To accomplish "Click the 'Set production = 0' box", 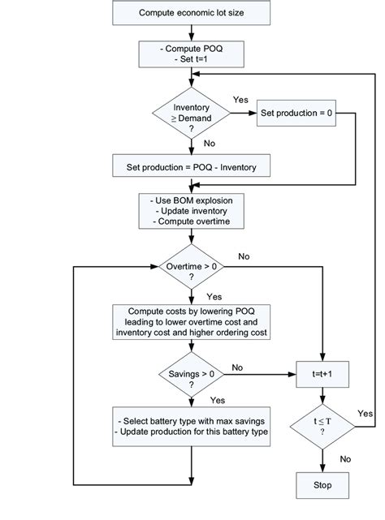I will pos(295,112).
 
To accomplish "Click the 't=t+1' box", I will pos(323,375).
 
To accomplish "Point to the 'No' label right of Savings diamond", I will pos(238,367).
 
